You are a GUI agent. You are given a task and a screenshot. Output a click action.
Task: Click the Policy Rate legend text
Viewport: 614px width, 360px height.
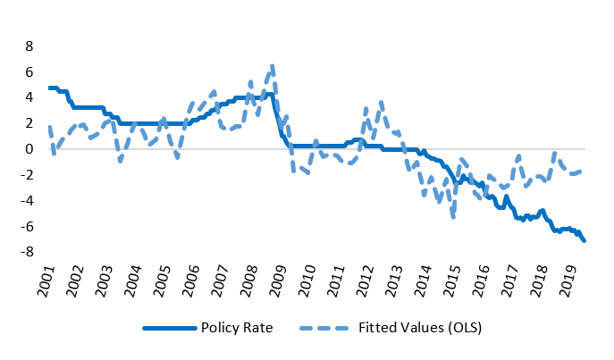[236, 327]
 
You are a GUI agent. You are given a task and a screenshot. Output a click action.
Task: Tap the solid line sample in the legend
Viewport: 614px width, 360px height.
[168, 328]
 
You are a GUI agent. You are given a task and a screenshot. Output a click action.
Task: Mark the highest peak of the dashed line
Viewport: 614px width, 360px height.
[272, 65]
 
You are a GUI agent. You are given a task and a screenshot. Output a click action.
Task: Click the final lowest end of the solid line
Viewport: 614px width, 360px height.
[585, 240]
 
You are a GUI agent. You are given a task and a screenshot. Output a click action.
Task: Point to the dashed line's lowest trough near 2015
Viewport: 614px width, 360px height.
[453, 217]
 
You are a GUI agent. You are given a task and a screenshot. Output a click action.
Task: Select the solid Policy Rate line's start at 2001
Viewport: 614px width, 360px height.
[49, 88]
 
